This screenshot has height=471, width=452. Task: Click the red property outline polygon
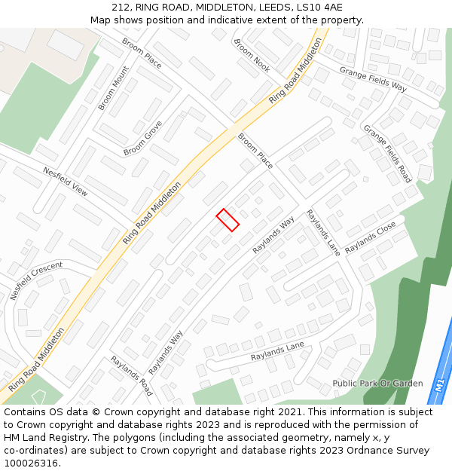228,219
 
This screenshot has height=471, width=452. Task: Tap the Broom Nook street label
252,56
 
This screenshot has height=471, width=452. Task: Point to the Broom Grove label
142,138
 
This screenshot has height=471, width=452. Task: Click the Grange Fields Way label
373,78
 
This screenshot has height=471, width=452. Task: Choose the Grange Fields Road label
387,154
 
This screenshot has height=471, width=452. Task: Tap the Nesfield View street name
66,182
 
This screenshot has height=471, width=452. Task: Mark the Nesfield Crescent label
36,280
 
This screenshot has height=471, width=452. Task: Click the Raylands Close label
370,237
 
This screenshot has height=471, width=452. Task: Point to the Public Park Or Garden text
377,384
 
